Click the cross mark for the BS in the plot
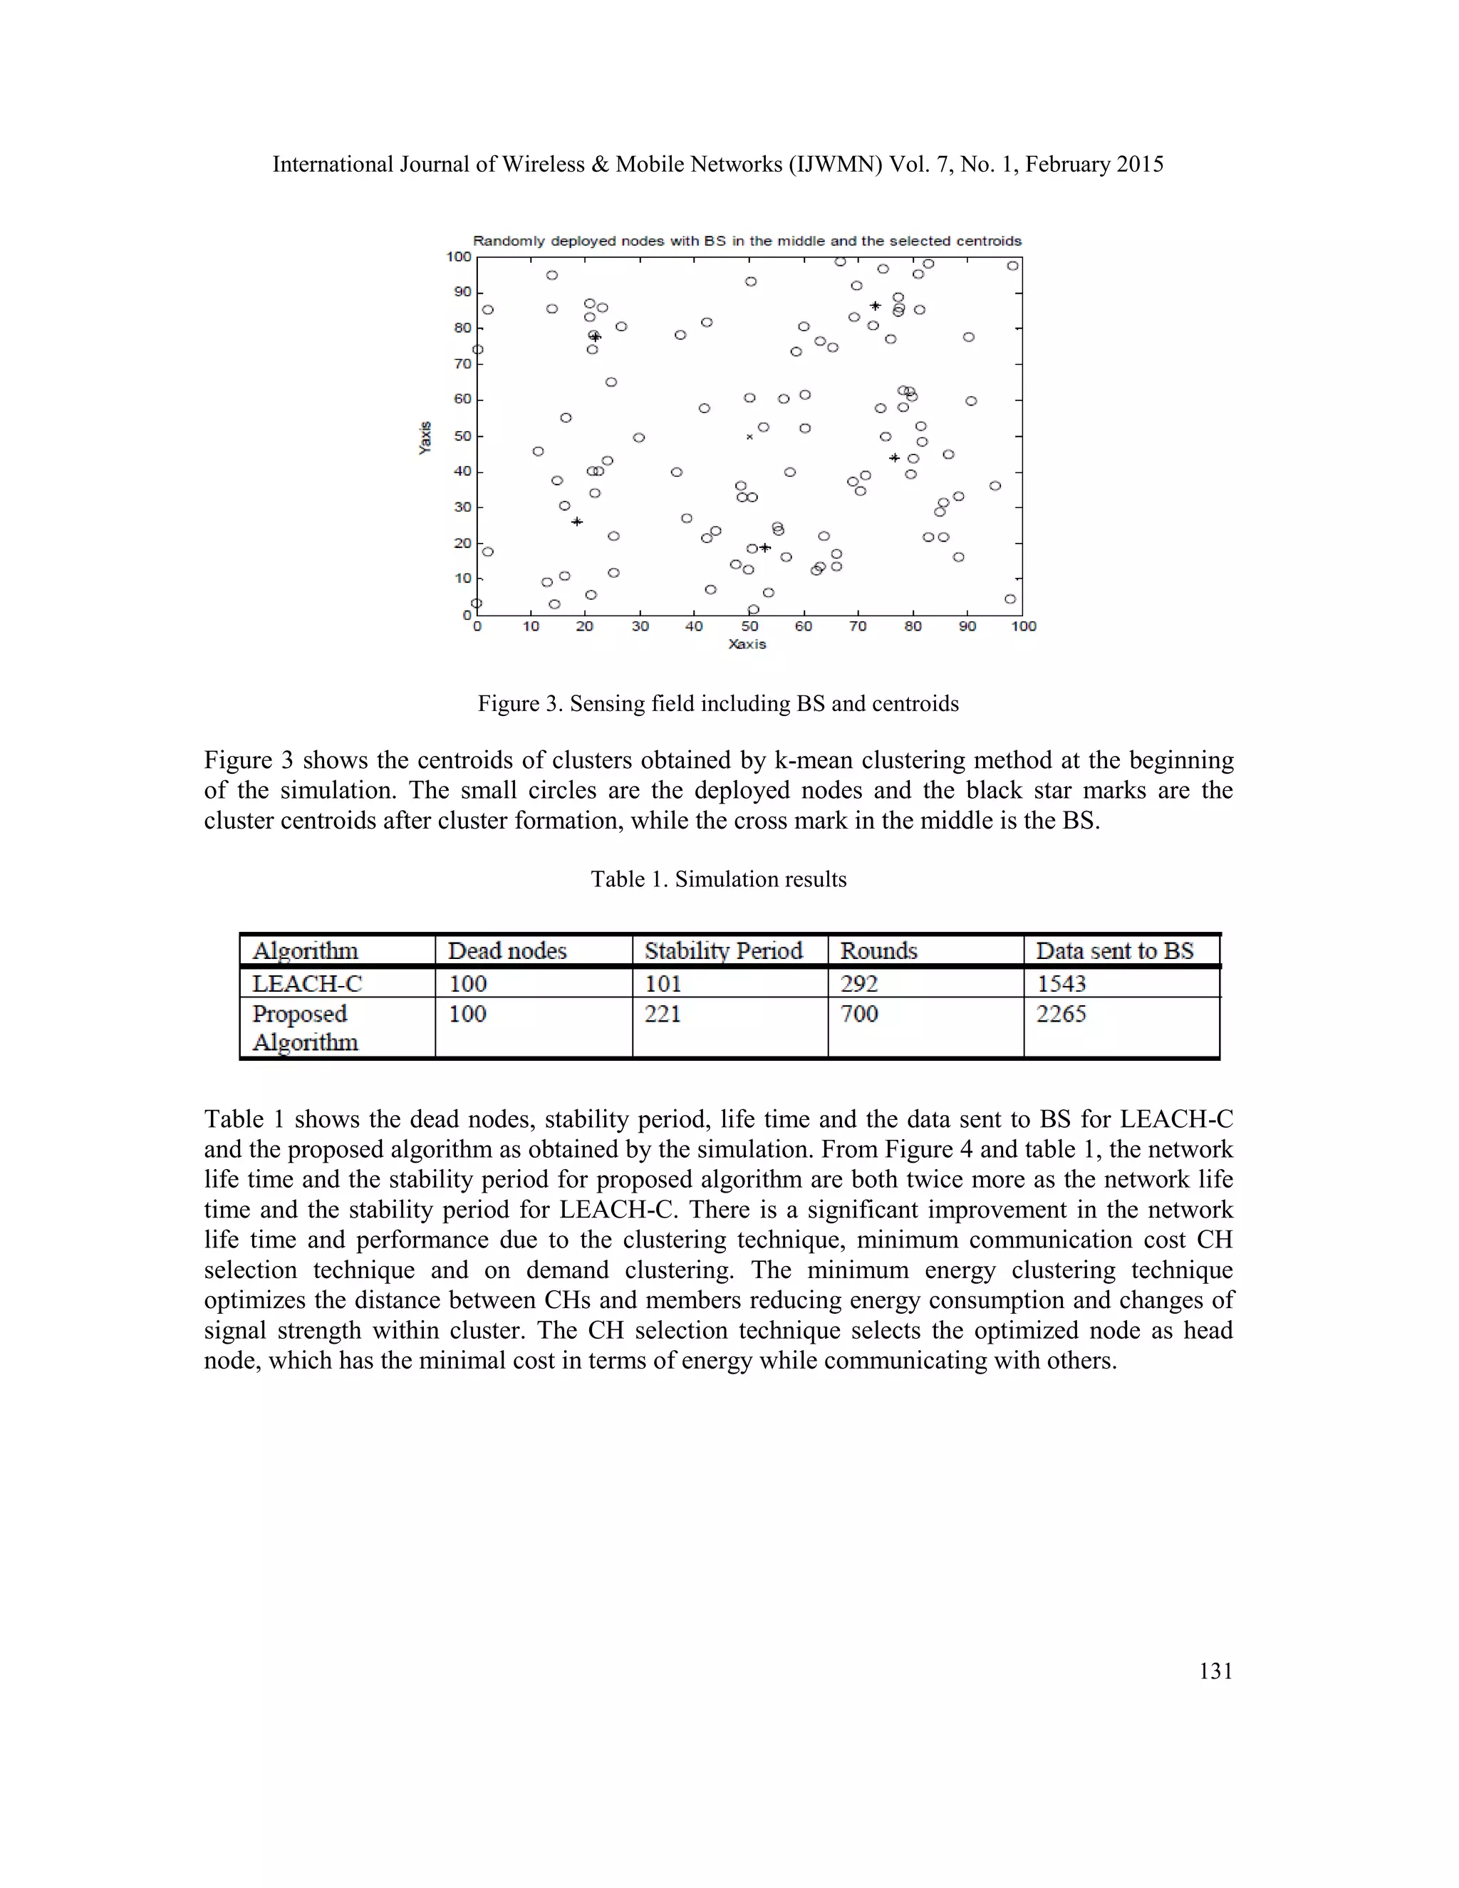pos(749,437)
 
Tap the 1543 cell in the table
pos(1061,983)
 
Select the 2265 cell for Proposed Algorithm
pos(1061,1013)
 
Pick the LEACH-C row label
pos(307,983)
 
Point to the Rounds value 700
pos(859,1013)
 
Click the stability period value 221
pos(662,1013)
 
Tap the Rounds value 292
pos(859,983)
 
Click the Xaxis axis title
pos(747,644)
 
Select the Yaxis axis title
pos(425,437)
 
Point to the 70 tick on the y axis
pos(462,364)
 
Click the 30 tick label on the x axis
pos(640,626)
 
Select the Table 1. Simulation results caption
pos(717,878)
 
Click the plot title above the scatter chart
pos(747,242)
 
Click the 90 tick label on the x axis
pos(967,626)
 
